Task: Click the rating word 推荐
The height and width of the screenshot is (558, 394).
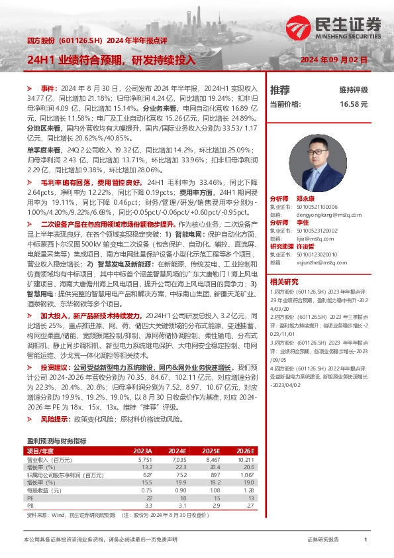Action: (x=280, y=89)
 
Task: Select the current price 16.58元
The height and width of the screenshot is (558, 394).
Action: (x=354, y=105)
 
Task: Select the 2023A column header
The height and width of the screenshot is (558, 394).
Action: (x=142, y=449)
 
